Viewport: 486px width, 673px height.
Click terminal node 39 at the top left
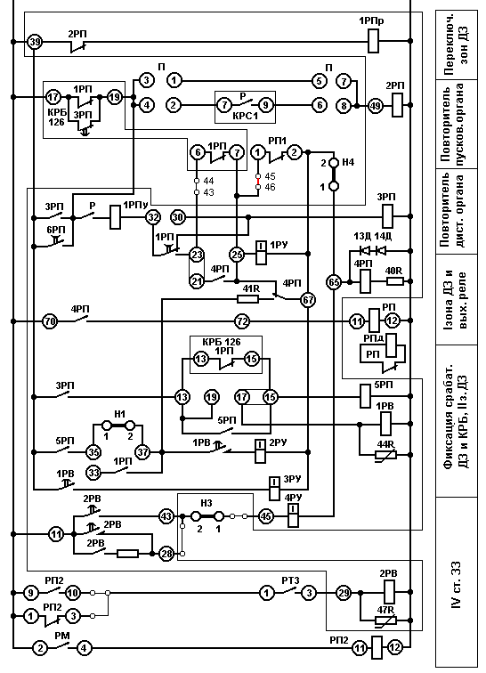point(34,42)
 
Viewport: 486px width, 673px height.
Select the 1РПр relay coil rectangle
point(374,41)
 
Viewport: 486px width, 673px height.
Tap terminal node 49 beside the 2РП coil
point(376,105)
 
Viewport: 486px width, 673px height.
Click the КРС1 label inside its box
point(245,117)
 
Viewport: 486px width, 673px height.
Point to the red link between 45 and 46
point(258,182)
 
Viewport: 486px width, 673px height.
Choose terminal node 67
point(308,299)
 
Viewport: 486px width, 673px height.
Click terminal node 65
point(334,282)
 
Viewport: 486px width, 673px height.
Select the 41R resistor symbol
point(248,299)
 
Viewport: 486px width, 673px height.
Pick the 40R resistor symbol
point(394,281)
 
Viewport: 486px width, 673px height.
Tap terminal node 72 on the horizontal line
point(242,321)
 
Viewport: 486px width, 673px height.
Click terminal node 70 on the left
point(51,321)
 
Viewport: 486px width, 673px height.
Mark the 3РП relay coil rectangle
point(388,216)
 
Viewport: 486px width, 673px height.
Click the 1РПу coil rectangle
point(116,217)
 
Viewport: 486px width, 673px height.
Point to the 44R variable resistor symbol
point(385,455)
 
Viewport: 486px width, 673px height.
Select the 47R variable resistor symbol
point(385,620)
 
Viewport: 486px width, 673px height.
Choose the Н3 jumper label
point(207,503)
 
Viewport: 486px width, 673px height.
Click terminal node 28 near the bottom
point(166,554)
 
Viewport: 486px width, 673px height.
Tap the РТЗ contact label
point(290,580)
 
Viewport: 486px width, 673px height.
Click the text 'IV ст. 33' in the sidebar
point(457,585)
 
